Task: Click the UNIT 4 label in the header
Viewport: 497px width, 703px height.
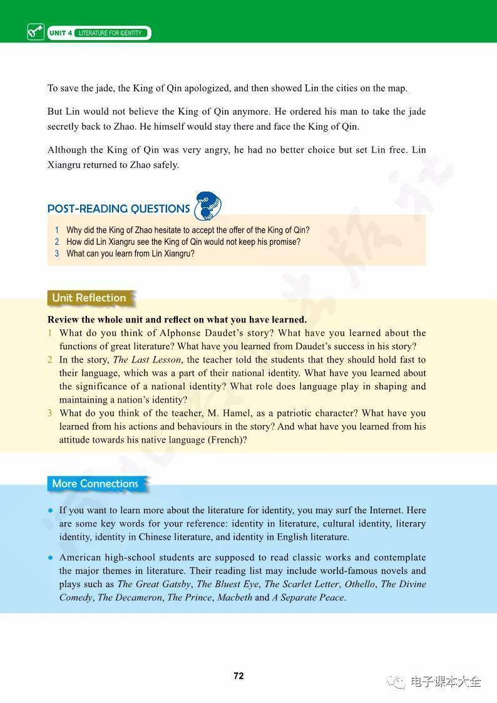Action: click(60, 33)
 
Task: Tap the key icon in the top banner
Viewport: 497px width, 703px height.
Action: click(36, 31)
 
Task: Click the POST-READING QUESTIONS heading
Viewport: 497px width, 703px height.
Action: click(118, 208)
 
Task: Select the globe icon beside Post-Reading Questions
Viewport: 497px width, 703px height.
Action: click(208, 206)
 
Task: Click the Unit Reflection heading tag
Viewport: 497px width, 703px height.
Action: click(89, 298)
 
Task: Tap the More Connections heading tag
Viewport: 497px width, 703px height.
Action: click(95, 483)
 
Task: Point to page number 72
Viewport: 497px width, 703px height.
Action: click(238, 676)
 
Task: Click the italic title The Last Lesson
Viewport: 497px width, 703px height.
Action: click(146, 360)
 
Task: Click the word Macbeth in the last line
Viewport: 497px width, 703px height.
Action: click(234, 597)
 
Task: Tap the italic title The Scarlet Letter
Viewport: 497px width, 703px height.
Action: click(302, 584)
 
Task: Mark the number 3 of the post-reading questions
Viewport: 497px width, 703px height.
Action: click(56, 254)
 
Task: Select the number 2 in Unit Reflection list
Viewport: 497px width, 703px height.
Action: click(50, 360)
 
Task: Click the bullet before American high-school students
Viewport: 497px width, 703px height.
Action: click(51, 557)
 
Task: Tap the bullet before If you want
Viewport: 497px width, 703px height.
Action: click(51, 510)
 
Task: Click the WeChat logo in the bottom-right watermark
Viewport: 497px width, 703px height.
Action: click(396, 682)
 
